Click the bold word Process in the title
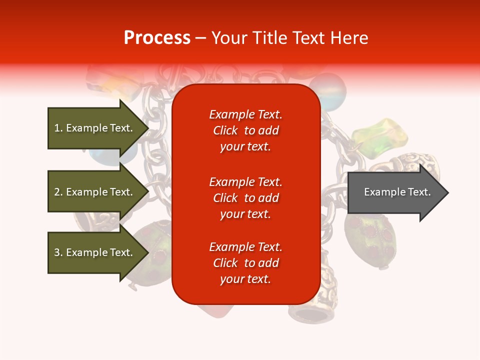[x=157, y=38]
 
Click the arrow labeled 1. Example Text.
[x=95, y=128]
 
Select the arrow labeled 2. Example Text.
[x=95, y=192]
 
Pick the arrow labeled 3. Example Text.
[x=95, y=252]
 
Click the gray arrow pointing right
[x=395, y=192]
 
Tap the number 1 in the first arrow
[x=57, y=128]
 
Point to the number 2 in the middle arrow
[x=57, y=192]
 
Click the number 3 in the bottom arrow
[x=57, y=252]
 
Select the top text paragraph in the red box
[x=245, y=130]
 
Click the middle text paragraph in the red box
[x=245, y=198]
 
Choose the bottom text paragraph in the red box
[x=245, y=263]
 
